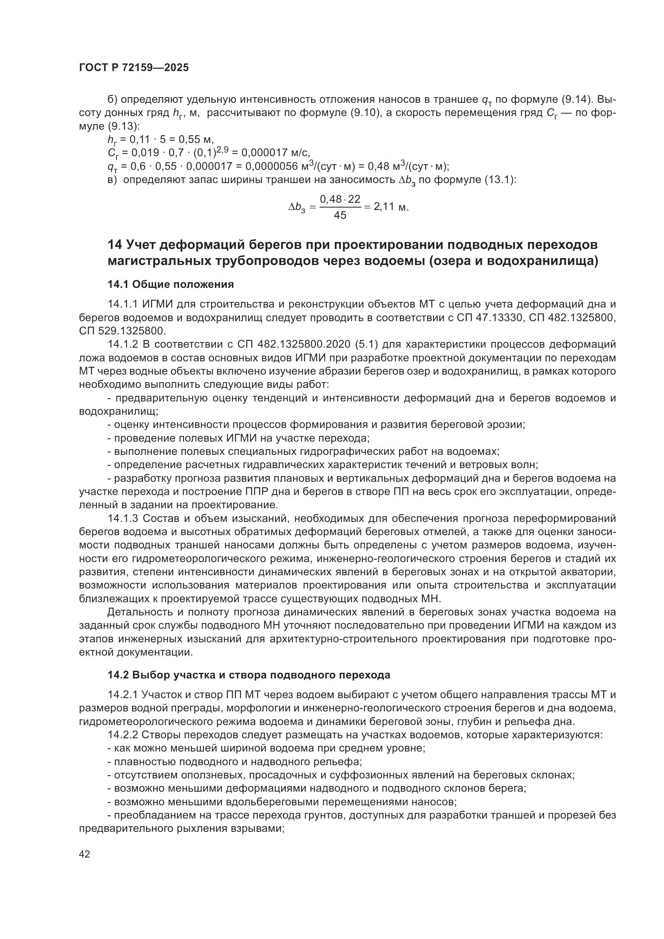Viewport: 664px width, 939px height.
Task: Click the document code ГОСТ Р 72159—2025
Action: coord(134,68)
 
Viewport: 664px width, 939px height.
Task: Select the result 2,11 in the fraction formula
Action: coord(384,206)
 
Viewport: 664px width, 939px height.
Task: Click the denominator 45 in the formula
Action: coord(340,215)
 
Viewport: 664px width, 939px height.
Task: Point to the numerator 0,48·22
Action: coord(340,199)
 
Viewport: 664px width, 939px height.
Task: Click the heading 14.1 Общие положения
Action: coord(171,284)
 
